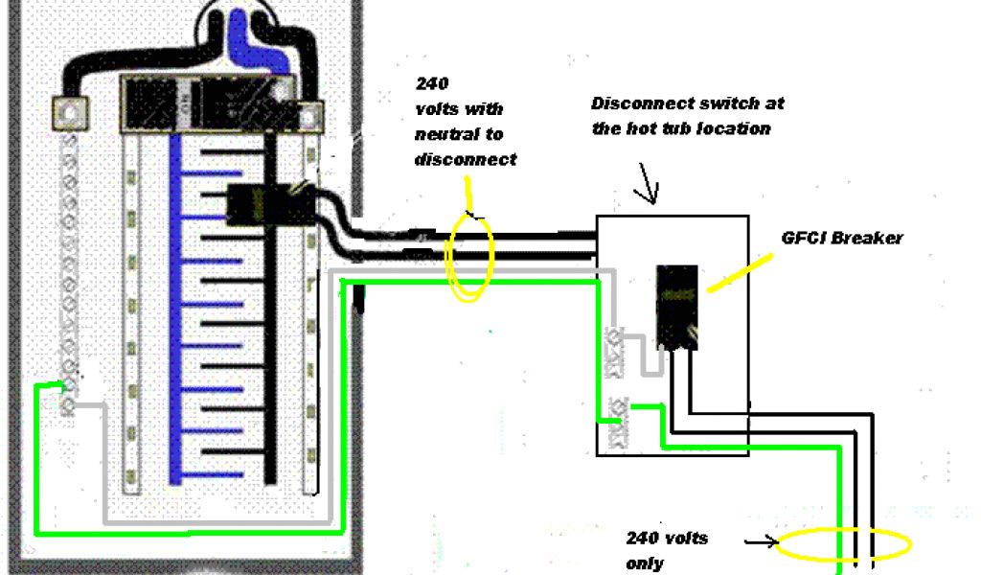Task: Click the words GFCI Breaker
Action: (x=841, y=239)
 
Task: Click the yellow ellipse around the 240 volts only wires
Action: (x=843, y=545)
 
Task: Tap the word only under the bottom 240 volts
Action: (x=644, y=563)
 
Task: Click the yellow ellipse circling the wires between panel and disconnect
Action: (x=469, y=257)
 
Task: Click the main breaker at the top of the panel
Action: (x=206, y=101)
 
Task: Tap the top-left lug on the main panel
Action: (x=69, y=112)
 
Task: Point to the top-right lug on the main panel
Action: (x=308, y=117)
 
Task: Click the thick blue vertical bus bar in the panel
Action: (x=175, y=307)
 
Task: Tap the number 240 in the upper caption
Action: (x=432, y=83)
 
